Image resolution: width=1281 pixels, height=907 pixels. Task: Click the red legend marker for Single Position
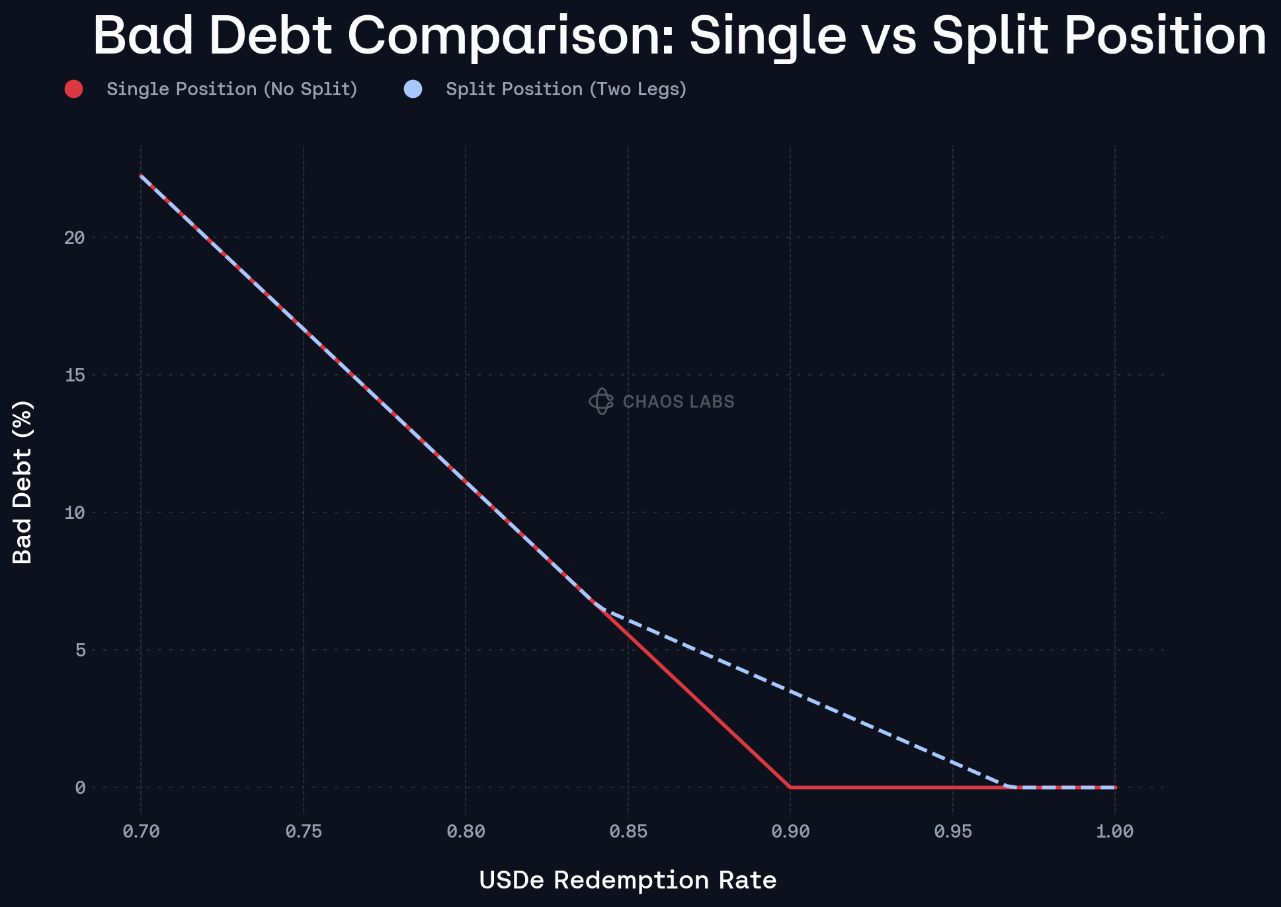coord(73,89)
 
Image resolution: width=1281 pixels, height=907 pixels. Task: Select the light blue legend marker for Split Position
coord(413,89)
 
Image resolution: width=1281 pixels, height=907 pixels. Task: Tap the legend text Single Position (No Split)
coord(231,89)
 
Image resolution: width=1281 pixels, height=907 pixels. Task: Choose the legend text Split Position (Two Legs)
coord(566,89)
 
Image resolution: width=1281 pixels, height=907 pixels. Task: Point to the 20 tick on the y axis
coord(75,237)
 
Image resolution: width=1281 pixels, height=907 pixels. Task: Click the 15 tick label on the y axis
coord(75,375)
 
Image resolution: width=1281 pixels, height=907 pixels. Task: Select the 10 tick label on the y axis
coord(75,512)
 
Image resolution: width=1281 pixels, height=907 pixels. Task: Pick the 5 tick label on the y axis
coord(81,650)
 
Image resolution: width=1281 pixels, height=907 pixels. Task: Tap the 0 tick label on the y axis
coord(81,787)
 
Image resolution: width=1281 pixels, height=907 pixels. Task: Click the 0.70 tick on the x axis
coord(141,832)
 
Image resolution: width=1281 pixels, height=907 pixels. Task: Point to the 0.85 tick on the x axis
coord(628,832)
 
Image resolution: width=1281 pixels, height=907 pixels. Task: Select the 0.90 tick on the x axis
coord(790,832)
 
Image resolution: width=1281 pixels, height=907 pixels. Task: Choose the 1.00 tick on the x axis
coord(1115,832)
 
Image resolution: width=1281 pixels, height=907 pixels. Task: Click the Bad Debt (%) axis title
coord(22,482)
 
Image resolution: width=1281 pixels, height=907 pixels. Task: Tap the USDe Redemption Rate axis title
coord(628,880)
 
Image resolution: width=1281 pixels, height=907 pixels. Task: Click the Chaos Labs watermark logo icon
coord(601,401)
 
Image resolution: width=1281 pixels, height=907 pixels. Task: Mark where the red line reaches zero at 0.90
coord(790,787)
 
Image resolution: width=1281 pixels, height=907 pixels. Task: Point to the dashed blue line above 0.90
coord(790,691)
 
